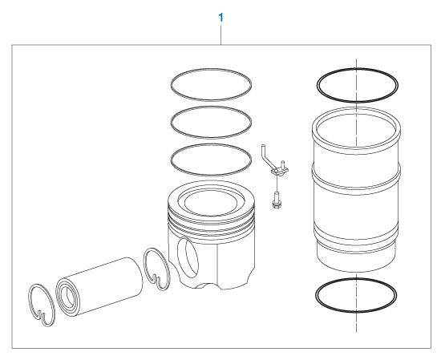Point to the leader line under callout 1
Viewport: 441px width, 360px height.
point(220,34)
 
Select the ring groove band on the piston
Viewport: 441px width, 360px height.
point(211,220)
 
